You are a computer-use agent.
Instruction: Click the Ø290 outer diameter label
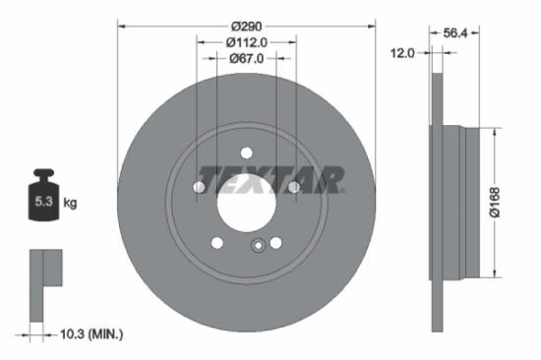coord(246,27)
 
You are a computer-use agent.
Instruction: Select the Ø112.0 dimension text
coord(246,42)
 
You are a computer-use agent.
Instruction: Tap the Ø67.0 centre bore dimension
coord(246,58)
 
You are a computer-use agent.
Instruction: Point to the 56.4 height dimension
coord(454,32)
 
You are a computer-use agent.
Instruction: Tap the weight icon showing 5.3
coord(43,201)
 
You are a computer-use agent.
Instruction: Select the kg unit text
coord(70,204)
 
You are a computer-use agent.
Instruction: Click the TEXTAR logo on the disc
coord(270,178)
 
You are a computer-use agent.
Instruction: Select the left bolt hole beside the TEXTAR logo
coord(200,187)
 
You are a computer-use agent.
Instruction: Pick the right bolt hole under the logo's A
coord(293,187)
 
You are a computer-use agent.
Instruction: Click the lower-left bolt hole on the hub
coord(217,243)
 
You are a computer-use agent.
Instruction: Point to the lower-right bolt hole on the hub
coord(275,243)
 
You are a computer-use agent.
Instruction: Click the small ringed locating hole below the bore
coord(256,247)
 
